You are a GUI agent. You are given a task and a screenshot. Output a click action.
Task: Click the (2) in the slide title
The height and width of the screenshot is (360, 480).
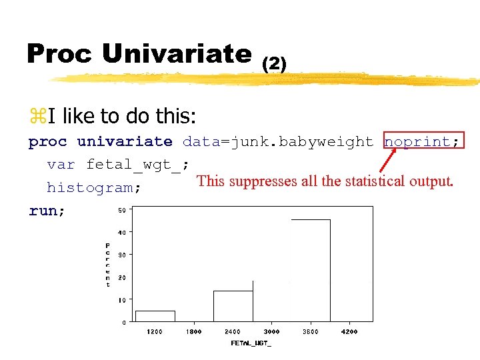click(x=274, y=63)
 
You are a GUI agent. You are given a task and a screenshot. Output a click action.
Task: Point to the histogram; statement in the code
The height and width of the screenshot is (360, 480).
click(x=94, y=188)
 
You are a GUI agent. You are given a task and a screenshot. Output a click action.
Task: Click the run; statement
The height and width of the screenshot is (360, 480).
click(x=47, y=211)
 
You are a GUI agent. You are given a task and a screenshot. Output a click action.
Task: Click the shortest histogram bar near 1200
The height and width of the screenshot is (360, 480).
click(x=155, y=316)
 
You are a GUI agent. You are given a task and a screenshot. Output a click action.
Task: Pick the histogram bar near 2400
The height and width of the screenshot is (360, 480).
click(x=233, y=306)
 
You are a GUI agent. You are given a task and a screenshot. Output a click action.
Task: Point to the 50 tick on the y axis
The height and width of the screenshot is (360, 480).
click(x=122, y=211)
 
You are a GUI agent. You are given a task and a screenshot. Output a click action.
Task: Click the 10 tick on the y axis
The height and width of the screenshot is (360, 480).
click(x=122, y=300)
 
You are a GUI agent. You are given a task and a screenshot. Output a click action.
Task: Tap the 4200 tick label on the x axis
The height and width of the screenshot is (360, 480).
click(x=349, y=331)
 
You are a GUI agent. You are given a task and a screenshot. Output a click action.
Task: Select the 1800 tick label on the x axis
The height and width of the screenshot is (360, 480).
click(x=193, y=331)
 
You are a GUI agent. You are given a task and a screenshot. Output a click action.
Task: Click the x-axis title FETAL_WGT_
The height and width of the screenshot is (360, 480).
click(x=251, y=343)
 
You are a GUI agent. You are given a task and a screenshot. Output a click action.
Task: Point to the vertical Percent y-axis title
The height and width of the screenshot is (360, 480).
click(x=108, y=265)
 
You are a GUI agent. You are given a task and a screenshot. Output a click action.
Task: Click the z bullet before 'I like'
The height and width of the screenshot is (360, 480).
click(x=35, y=117)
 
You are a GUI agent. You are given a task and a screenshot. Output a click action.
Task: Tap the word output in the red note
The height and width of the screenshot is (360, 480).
click(x=431, y=181)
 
